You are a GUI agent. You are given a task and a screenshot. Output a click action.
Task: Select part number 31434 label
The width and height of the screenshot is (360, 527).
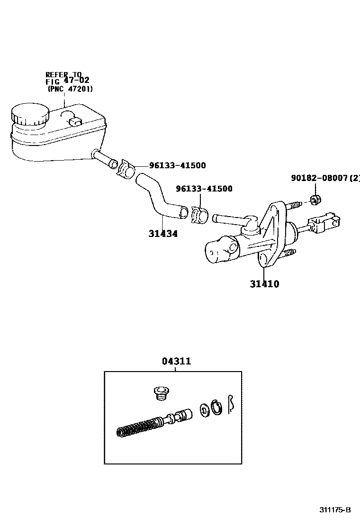(x=162, y=234)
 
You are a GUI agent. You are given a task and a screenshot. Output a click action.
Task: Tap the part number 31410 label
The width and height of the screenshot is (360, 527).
(x=264, y=284)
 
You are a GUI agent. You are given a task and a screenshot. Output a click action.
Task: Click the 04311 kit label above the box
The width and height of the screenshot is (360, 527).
(x=176, y=362)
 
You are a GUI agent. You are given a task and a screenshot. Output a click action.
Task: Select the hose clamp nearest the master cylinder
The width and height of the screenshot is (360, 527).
(x=200, y=214)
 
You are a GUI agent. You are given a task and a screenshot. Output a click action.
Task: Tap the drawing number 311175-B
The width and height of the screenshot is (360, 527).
(x=334, y=510)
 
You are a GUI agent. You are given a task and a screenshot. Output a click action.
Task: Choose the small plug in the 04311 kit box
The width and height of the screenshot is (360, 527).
(x=161, y=393)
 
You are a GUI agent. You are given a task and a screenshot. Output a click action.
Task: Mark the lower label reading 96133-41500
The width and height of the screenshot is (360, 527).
(x=204, y=189)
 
